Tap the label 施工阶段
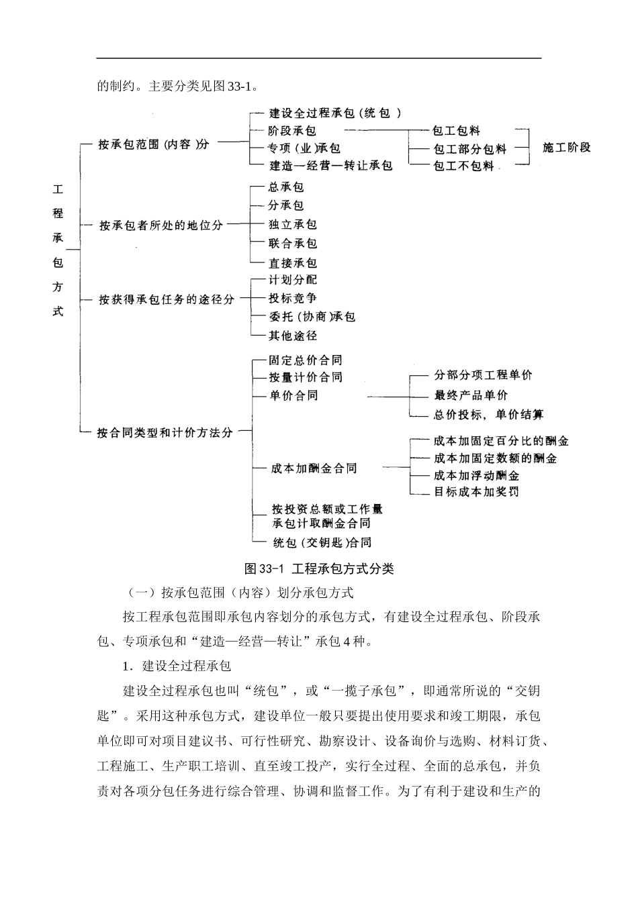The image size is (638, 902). [x=566, y=147]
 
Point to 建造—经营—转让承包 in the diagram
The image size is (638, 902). [x=330, y=165]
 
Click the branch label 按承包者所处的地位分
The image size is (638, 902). [x=161, y=225]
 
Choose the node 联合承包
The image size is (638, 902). [x=292, y=244]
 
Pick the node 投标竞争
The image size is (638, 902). [x=292, y=298]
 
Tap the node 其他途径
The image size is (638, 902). [x=292, y=335]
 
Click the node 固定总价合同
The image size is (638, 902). [x=305, y=360]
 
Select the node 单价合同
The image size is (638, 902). [x=293, y=395]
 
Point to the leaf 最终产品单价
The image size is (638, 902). [x=470, y=395]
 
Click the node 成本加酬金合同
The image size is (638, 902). [x=314, y=468]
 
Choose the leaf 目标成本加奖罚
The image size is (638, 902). [x=475, y=492]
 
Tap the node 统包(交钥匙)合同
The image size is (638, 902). [x=321, y=542]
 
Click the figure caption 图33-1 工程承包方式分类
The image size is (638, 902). [x=319, y=569]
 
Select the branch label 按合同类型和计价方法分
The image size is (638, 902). [x=165, y=433]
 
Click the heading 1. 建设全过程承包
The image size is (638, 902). [x=177, y=666]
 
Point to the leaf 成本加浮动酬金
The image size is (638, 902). [x=475, y=475]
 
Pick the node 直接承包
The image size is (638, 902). [x=292, y=263]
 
